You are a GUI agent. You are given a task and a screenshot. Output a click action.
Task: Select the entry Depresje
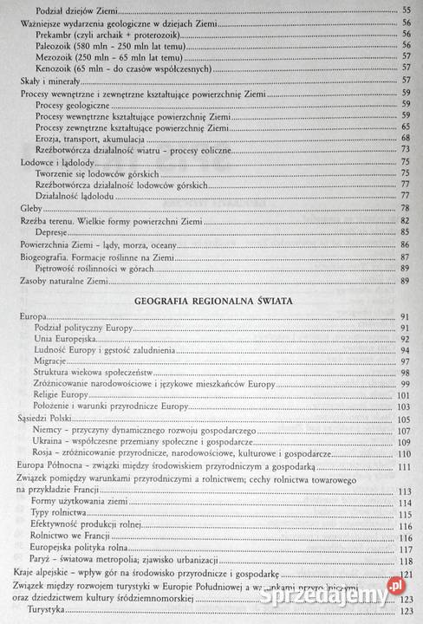coord(55,233)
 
